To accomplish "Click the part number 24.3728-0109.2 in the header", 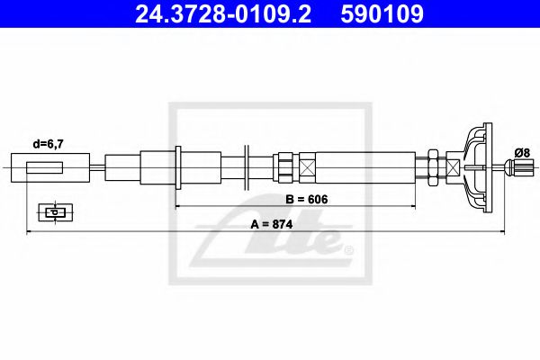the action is click(x=223, y=14).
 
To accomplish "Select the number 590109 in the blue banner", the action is click(x=382, y=14).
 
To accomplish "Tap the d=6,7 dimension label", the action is click(x=49, y=144).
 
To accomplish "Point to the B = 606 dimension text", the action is click(x=307, y=199).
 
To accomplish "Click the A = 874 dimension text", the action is click(x=272, y=224).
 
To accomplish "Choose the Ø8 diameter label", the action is click(x=522, y=152).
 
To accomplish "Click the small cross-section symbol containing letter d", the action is click(x=56, y=212).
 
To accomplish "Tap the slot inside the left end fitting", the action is click(x=44, y=167).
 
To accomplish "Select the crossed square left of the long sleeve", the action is click(x=307, y=167).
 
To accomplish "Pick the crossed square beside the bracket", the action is click(x=453, y=167).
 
